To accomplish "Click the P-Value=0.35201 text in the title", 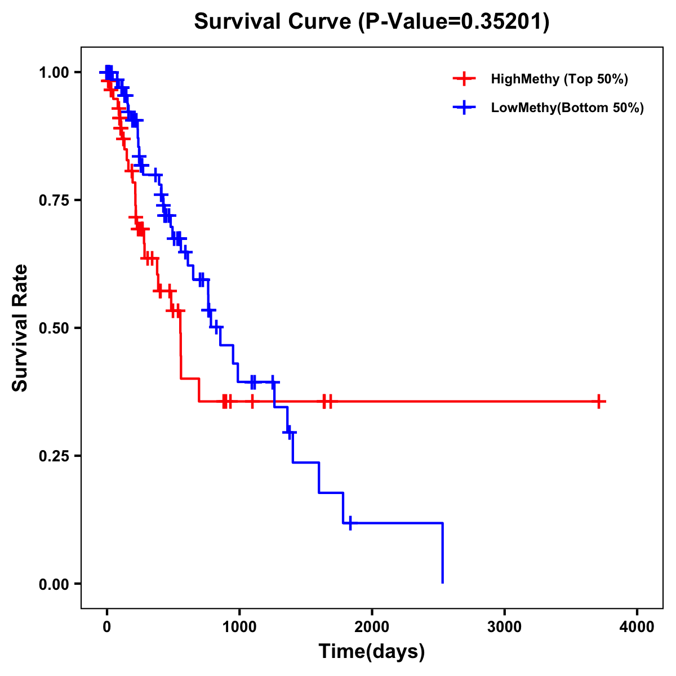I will [455, 21].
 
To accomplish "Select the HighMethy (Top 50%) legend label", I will [559, 79].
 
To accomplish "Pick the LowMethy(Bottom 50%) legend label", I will [567, 108].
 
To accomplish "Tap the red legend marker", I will [463, 79].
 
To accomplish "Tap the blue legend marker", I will [463, 108].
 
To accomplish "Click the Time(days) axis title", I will [372, 652].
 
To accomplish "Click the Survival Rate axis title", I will [20, 327].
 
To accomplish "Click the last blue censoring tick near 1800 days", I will [350, 523].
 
